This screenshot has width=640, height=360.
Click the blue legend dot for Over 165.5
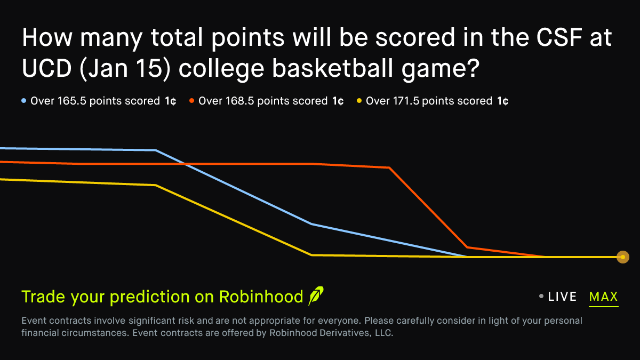point(23,101)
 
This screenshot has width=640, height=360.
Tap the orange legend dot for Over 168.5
point(191,101)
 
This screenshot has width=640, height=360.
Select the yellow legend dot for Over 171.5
point(359,101)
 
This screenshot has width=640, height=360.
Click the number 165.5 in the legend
point(71,101)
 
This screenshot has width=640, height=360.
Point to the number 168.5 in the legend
point(239,101)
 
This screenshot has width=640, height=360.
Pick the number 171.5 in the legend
point(406,101)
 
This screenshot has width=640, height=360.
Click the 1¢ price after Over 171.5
point(502,101)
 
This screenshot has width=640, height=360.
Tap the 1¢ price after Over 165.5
point(170,101)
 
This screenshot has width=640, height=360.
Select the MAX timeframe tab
point(603,297)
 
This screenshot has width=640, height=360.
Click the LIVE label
point(562,297)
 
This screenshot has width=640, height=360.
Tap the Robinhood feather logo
point(316,295)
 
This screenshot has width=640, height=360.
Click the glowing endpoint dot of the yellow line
point(623,257)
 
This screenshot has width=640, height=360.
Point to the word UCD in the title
point(46,68)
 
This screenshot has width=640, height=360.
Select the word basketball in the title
point(332,68)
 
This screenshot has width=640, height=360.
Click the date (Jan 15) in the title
point(125,69)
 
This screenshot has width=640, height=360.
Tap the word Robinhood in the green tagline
point(261,297)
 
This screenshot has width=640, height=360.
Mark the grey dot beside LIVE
point(541,297)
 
